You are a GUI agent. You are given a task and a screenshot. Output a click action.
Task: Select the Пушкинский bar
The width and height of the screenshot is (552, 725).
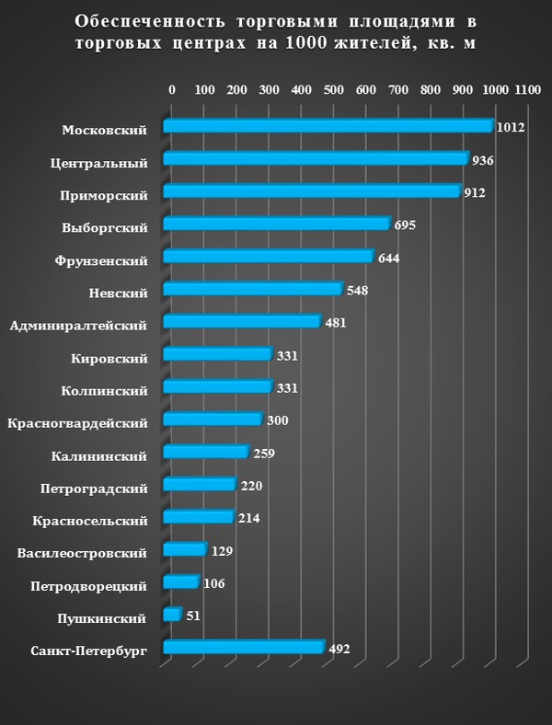[172, 614]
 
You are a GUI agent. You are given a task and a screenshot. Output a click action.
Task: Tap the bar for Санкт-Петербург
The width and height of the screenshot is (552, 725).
[243, 648]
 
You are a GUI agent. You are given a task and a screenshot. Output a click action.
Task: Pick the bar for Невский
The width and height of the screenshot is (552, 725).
[252, 290]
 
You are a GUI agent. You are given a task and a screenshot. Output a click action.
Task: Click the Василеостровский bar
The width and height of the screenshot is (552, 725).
[184, 550]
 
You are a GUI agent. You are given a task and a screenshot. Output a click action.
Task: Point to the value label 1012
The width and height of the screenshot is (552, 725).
[509, 127]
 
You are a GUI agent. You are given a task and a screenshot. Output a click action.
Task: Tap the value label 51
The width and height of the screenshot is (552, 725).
[193, 616]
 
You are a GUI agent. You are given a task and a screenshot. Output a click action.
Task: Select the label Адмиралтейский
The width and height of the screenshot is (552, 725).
[78, 325]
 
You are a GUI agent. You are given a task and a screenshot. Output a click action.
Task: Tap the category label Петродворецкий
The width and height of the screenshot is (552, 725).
[88, 585]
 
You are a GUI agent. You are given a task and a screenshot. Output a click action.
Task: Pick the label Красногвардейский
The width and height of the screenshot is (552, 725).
[77, 423]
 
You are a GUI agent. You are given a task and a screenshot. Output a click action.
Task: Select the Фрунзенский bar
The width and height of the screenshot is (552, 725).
[268, 257]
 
